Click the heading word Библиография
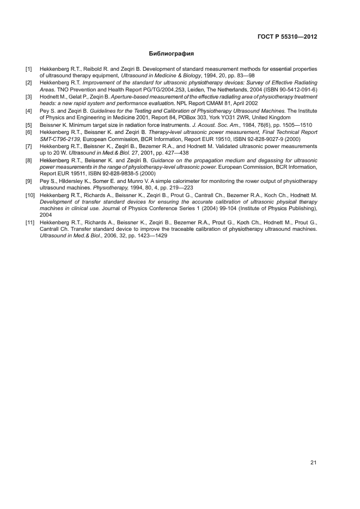(x=172, y=54)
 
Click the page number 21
(x=313, y=463)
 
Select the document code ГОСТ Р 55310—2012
(x=287, y=37)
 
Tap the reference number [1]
(x=29, y=69)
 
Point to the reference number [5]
(x=29, y=125)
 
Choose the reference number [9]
(x=29, y=180)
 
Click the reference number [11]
(x=30, y=222)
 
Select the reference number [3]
(x=29, y=97)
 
